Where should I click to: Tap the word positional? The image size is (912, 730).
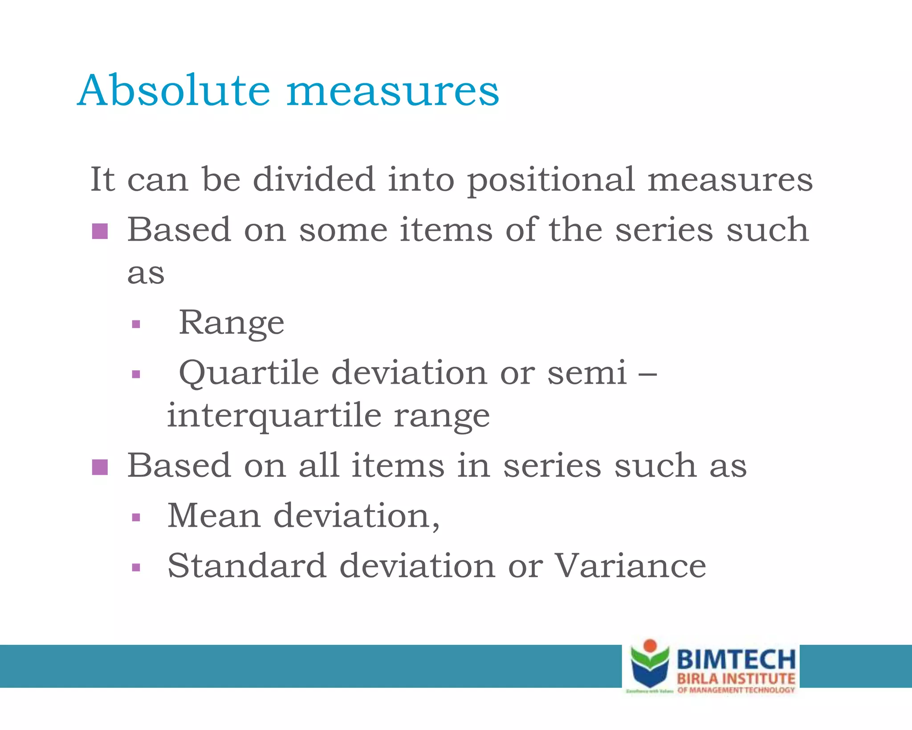550,180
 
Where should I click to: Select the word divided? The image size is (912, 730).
314,179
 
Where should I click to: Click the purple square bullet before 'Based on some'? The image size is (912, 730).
100,231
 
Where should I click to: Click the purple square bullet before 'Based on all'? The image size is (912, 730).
100,467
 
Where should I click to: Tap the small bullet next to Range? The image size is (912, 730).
136,324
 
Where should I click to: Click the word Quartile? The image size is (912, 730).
248,373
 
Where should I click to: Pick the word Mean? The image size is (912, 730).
214,516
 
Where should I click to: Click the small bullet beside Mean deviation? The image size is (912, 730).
136,517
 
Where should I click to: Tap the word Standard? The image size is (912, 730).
247,566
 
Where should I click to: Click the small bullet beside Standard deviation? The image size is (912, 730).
136,568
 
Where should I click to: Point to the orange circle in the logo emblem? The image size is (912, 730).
650,645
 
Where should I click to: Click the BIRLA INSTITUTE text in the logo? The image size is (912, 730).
736,679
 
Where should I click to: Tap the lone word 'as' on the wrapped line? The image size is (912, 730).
146,274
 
